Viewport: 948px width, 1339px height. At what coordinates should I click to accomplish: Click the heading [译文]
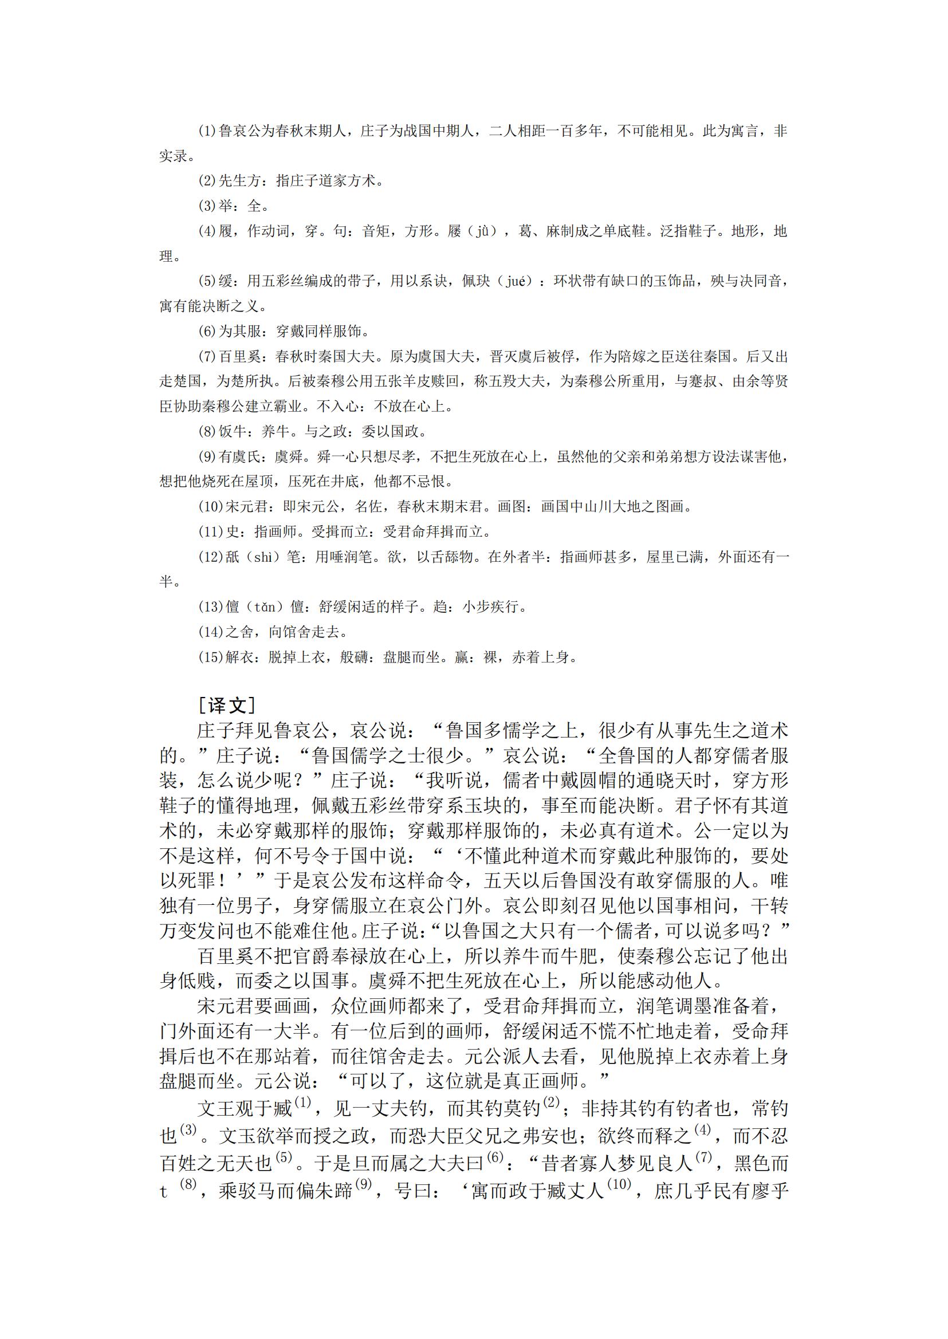click(227, 705)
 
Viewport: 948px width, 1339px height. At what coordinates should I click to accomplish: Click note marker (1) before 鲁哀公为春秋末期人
click(207, 131)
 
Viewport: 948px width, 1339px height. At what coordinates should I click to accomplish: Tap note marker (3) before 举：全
click(207, 206)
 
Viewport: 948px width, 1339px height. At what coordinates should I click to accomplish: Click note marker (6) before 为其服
click(207, 332)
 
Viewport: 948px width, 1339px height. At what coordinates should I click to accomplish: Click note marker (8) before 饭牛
click(207, 432)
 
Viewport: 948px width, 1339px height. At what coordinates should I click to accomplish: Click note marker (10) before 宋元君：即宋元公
click(211, 507)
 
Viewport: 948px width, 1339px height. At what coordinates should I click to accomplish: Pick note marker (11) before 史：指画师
click(211, 531)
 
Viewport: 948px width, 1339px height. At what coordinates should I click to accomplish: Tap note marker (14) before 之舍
click(211, 632)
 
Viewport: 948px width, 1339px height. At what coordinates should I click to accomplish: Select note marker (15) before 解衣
click(211, 657)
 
